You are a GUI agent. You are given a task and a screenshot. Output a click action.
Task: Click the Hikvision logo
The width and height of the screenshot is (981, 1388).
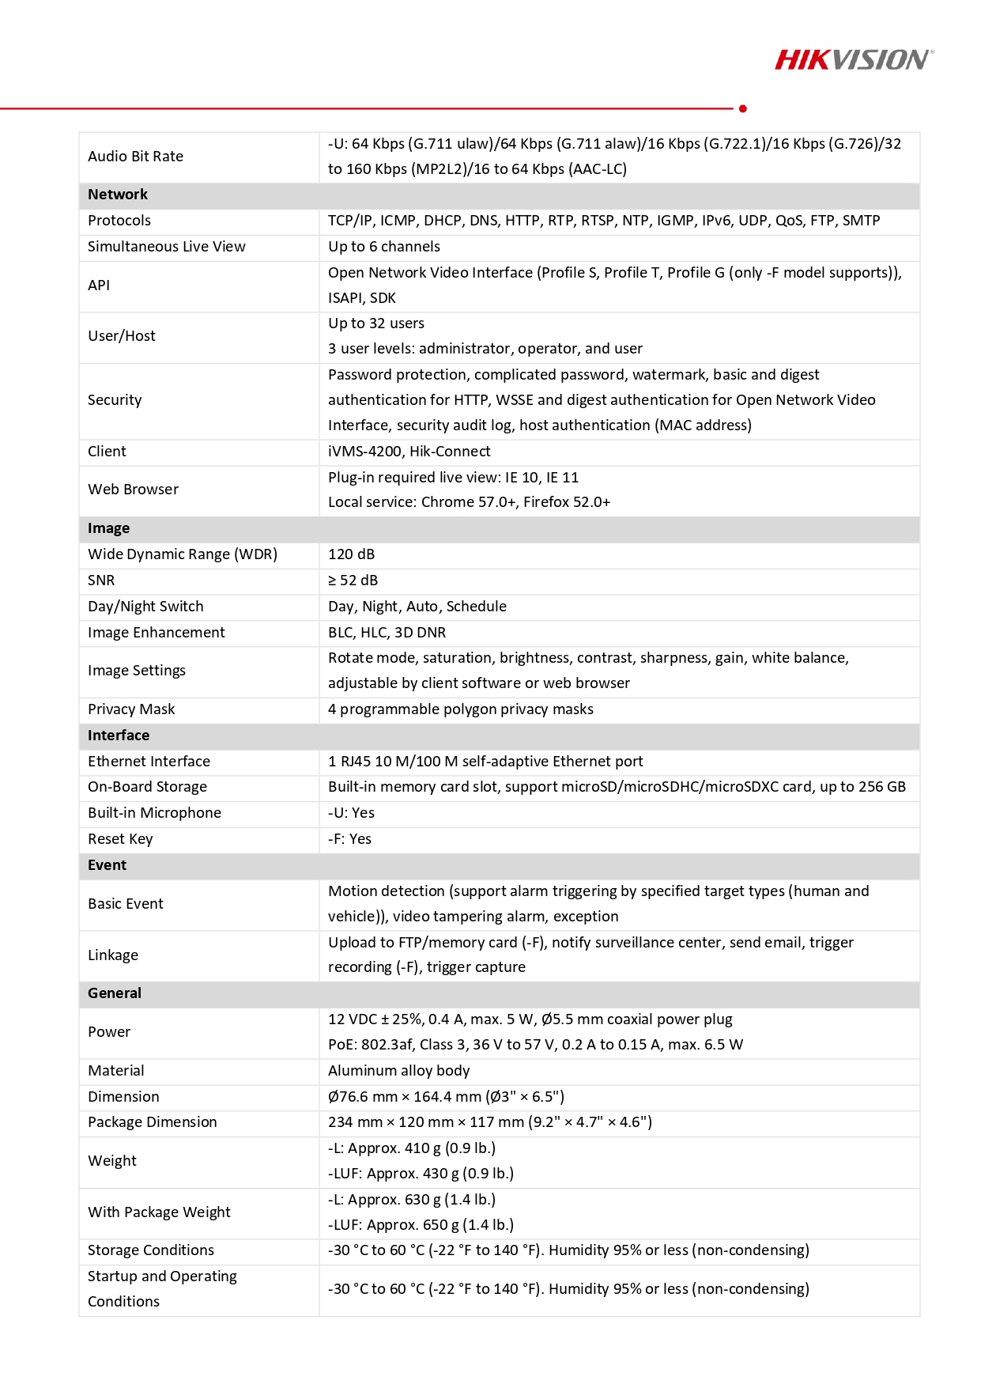[x=854, y=60]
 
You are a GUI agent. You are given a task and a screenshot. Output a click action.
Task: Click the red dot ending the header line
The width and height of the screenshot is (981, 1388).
[x=743, y=108]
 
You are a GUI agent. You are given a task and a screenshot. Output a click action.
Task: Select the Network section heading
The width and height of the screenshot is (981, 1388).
[x=118, y=195]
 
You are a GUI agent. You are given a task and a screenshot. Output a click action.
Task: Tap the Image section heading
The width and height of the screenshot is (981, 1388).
[x=108, y=528]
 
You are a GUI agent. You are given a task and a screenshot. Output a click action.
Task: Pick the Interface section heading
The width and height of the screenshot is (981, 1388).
[x=119, y=736]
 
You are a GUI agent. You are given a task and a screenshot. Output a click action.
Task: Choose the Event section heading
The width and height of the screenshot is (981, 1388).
[x=107, y=865]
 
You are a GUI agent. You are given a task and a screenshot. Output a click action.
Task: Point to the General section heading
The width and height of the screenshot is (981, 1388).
[x=115, y=993]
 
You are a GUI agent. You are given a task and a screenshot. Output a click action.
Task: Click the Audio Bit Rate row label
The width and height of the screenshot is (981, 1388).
[x=135, y=157]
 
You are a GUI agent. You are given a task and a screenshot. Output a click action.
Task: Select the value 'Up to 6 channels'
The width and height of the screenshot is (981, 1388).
[x=384, y=247]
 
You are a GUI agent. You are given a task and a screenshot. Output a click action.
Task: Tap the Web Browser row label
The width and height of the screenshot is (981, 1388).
[x=133, y=490]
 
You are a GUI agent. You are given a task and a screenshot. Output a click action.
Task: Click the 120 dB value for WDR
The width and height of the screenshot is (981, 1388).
[x=351, y=554]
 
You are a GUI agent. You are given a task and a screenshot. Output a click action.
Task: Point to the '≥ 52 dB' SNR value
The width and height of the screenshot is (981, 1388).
[x=353, y=581]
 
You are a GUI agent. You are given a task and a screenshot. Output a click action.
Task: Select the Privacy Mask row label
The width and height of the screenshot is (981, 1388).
[x=131, y=709]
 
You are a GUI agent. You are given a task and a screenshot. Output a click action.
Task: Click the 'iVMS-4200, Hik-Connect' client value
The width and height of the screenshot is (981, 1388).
[x=409, y=452]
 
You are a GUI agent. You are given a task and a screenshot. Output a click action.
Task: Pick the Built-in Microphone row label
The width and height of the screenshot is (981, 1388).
[x=154, y=813]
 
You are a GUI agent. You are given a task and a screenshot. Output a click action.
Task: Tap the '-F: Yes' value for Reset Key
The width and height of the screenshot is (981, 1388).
[x=349, y=839]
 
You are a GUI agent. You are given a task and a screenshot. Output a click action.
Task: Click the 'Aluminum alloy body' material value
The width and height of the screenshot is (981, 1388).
[x=398, y=1071]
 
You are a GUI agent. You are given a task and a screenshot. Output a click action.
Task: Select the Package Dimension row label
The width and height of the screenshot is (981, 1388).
[x=152, y=1122]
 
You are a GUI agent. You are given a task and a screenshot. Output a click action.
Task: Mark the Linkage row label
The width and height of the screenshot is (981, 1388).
[x=113, y=955]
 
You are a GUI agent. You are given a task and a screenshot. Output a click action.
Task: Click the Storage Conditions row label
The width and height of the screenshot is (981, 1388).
[x=150, y=1250]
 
